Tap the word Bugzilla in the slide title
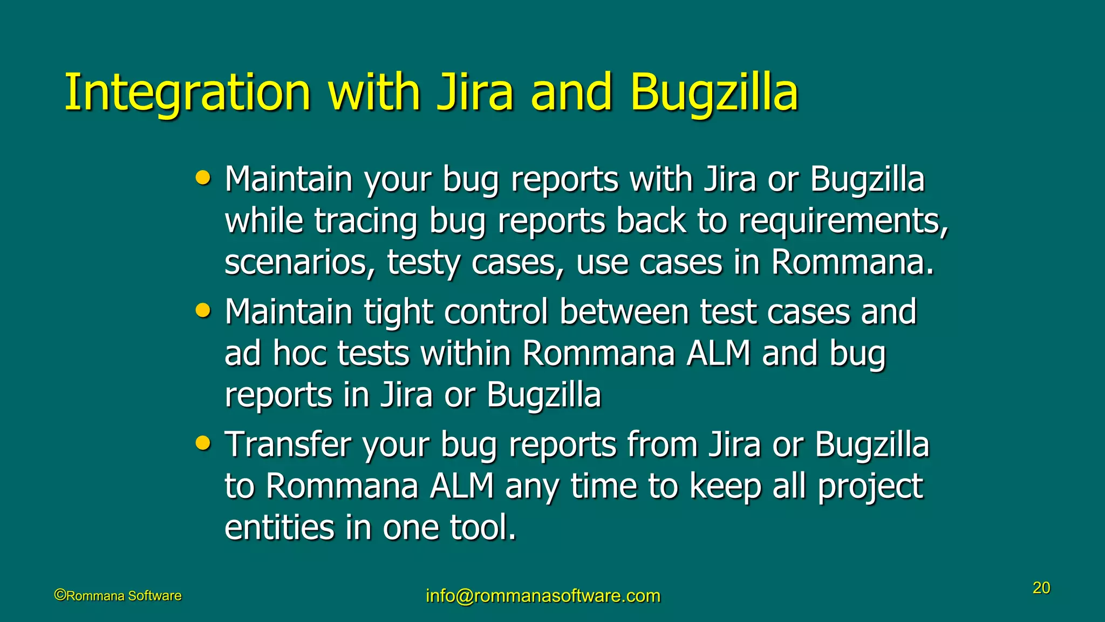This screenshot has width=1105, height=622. point(713,93)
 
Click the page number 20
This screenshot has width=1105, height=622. point(1041,587)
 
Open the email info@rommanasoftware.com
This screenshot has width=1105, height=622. point(543,596)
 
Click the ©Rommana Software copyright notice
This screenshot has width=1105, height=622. point(118,596)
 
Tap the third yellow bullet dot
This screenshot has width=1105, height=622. point(203,443)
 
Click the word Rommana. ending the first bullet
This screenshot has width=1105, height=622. point(852,263)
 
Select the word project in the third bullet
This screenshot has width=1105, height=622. point(870,487)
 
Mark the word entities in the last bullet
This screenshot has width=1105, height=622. point(279,528)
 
